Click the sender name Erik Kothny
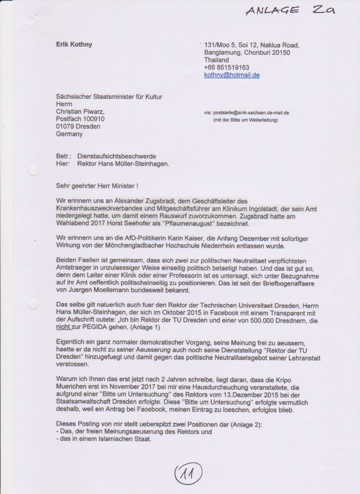coord(74,45)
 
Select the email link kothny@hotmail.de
coord(232,75)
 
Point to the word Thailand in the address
coord(217,60)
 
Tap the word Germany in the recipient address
coord(70,134)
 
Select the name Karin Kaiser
coord(175,238)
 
